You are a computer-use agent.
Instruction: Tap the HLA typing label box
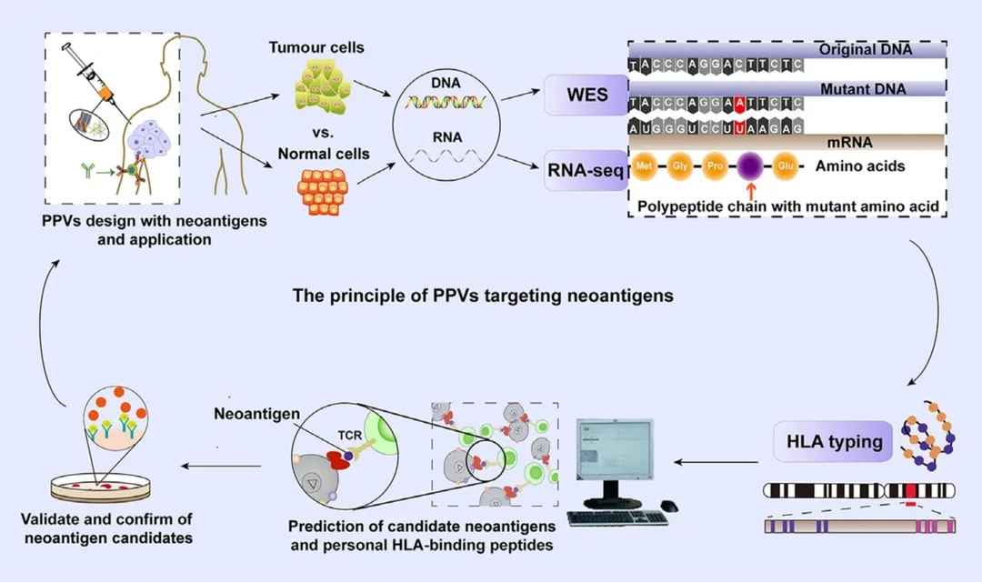tap(834, 442)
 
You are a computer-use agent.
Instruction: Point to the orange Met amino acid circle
tap(645, 166)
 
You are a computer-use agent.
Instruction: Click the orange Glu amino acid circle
tap(787, 166)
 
